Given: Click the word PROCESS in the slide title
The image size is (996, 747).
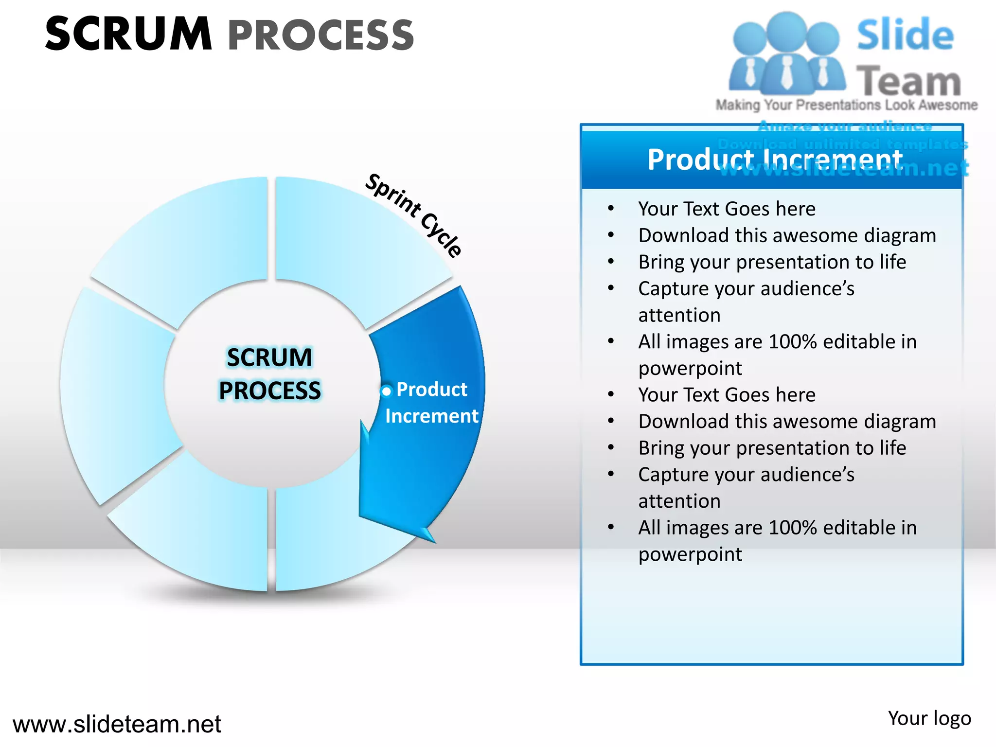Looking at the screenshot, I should click(321, 35).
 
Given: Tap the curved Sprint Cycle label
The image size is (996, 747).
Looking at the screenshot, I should click(414, 214).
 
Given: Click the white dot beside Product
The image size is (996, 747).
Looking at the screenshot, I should click(387, 391).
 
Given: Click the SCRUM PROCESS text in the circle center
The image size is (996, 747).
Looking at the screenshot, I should click(270, 373).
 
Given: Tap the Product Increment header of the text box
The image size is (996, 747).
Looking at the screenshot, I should click(775, 160).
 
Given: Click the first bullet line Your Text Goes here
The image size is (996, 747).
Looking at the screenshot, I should click(727, 209).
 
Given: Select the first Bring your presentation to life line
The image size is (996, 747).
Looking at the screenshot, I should click(772, 262).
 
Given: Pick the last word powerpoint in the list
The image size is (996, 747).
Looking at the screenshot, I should click(690, 554).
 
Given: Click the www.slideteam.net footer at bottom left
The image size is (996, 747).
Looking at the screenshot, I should click(117, 724).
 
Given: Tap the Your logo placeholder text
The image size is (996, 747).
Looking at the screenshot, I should click(929, 718).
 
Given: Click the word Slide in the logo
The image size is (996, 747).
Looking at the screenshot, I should click(905, 35).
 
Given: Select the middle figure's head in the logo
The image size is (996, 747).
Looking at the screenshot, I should click(787, 30).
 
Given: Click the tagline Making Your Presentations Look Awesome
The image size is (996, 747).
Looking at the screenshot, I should click(846, 105).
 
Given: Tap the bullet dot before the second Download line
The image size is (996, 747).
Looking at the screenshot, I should click(611, 421).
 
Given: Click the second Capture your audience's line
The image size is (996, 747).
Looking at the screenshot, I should click(746, 474).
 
